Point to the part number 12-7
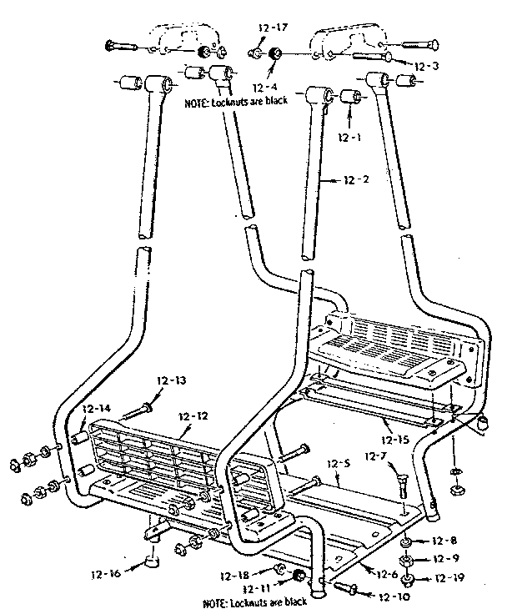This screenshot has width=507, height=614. pos(376,455)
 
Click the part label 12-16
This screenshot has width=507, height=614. pos(110,574)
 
